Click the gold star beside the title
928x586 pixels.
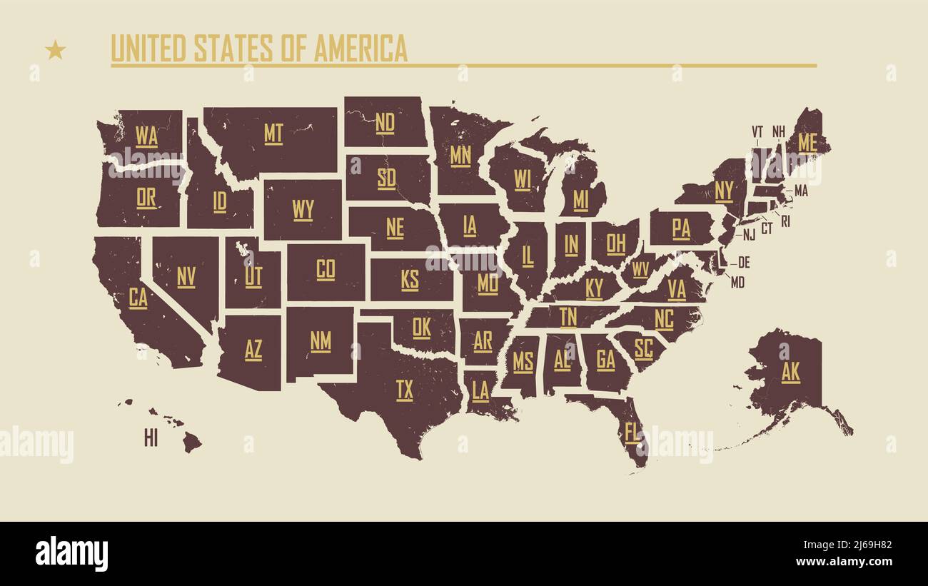pyautogui.click(x=55, y=50)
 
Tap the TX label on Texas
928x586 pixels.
pyautogui.click(x=405, y=390)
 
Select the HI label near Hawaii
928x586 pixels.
pyautogui.click(x=151, y=439)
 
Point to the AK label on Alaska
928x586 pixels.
pyautogui.click(x=790, y=372)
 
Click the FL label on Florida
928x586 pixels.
pyautogui.click(x=632, y=433)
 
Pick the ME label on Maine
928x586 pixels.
pyautogui.click(x=807, y=143)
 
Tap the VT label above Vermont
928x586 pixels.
pyautogui.click(x=757, y=131)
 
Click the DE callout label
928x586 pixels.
pyautogui.click(x=744, y=262)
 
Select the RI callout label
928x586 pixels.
pyautogui.click(x=785, y=221)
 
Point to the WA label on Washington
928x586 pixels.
pyautogui.click(x=146, y=136)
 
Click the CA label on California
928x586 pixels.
pyautogui.click(x=138, y=298)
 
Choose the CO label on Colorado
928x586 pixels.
pyautogui.click(x=326, y=269)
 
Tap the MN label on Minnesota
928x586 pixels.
pyautogui.click(x=460, y=155)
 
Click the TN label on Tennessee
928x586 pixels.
pyautogui.click(x=568, y=316)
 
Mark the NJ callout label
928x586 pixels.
pyautogui.click(x=749, y=234)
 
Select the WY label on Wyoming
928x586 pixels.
pyautogui.click(x=303, y=210)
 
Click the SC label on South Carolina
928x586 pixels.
pyautogui.click(x=643, y=348)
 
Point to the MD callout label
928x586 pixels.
pyautogui.click(x=737, y=283)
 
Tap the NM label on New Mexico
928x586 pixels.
pyautogui.click(x=321, y=341)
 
